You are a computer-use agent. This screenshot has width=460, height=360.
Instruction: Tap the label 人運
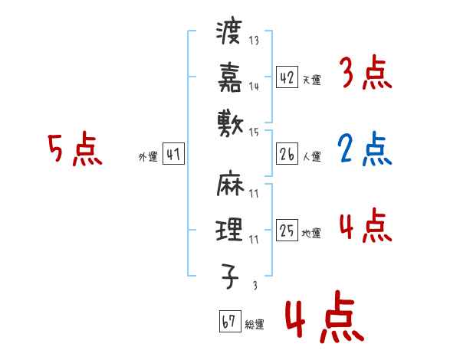point(312,157)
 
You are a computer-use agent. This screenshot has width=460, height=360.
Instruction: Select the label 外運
point(147,157)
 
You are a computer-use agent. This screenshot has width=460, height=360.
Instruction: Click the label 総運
point(255,324)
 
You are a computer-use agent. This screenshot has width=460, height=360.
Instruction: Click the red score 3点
point(365,74)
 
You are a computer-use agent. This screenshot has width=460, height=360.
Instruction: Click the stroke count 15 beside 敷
point(254,132)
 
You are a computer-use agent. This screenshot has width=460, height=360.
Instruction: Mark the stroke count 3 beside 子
point(254,286)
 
